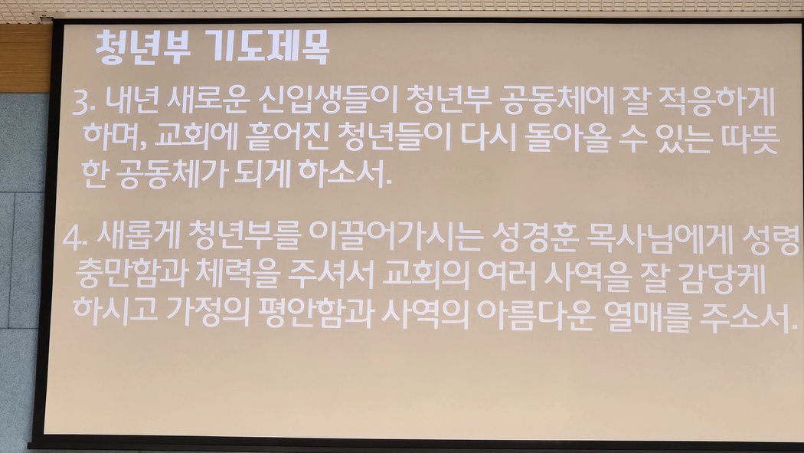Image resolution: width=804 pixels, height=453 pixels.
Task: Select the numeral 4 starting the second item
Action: (71, 238)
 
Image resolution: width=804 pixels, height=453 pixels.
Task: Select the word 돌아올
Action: (568, 137)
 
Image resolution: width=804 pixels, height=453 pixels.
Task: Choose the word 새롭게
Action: (139, 236)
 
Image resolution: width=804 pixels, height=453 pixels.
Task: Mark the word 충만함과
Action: (130, 274)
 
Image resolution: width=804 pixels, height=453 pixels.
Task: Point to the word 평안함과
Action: (315, 311)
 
